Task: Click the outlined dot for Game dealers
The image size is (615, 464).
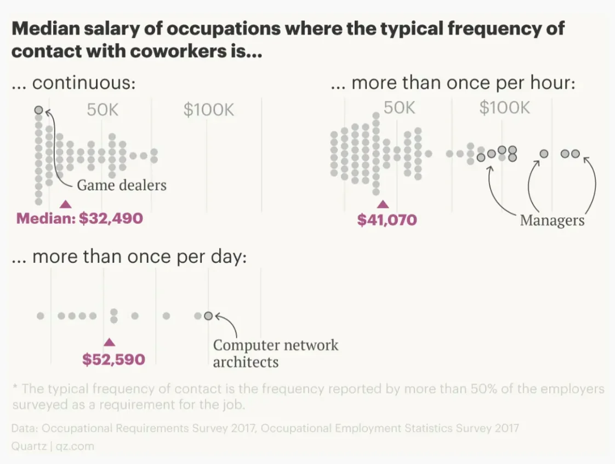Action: tap(38, 110)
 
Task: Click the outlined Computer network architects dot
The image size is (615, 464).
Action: tap(208, 315)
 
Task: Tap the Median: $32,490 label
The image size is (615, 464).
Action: tap(79, 218)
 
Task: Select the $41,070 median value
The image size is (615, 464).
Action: tap(387, 220)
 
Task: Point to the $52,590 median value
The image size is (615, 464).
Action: tap(113, 359)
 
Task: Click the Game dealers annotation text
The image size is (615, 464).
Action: tap(121, 185)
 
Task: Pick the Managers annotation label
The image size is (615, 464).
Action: tap(552, 220)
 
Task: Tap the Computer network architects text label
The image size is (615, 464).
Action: tap(275, 353)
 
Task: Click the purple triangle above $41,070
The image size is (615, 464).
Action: tap(383, 204)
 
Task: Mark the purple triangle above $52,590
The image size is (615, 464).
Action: tap(110, 342)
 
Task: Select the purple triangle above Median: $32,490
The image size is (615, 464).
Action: tap(66, 204)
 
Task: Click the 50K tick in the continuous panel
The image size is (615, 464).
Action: tap(102, 110)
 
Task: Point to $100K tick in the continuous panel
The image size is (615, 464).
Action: tap(208, 110)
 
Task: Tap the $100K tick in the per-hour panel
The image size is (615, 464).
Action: tap(504, 108)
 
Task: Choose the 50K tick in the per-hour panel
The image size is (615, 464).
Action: tap(399, 108)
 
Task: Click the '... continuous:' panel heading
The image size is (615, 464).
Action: tap(73, 84)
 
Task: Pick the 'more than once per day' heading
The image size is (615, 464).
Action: tap(129, 257)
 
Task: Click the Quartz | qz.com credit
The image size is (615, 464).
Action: tap(53, 446)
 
